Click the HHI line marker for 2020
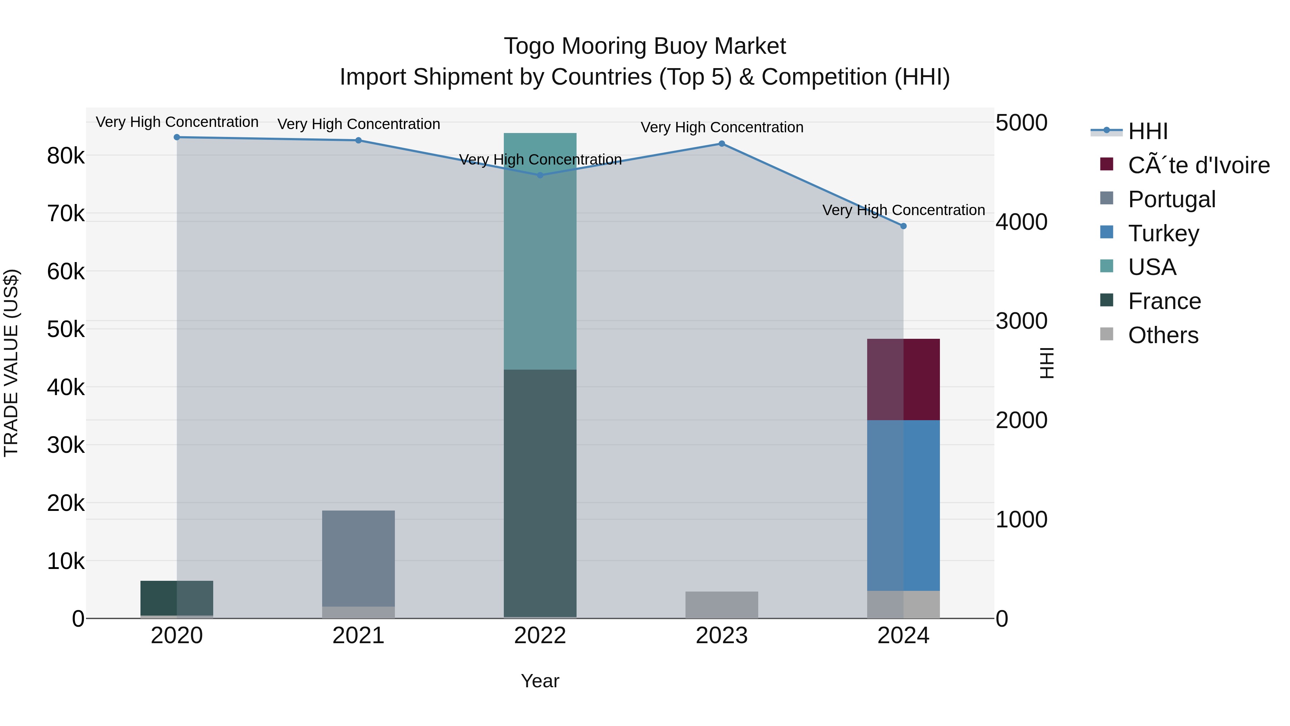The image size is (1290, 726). tap(177, 137)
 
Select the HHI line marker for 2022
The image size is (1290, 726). tap(540, 175)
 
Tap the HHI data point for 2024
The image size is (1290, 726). tap(903, 226)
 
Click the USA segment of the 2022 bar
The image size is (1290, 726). tap(540, 251)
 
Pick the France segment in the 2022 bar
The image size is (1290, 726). tap(540, 494)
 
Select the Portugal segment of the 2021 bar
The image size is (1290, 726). tap(359, 558)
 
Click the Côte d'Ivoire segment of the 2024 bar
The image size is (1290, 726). tap(903, 379)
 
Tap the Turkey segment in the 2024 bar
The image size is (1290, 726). tap(903, 505)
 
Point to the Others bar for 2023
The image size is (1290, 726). tap(722, 605)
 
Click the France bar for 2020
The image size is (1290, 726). tap(177, 598)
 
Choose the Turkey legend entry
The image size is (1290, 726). tap(1163, 233)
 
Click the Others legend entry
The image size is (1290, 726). tap(1163, 335)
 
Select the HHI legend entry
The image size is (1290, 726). tap(1148, 131)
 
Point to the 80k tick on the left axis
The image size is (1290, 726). tap(66, 156)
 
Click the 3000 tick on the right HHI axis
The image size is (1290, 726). tap(1021, 321)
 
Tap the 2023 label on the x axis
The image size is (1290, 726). tap(722, 636)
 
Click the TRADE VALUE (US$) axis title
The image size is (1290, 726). tap(11, 363)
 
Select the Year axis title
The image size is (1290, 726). tap(540, 681)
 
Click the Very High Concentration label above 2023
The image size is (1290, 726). tap(722, 127)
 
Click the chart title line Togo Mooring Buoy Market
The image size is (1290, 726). tap(645, 46)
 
